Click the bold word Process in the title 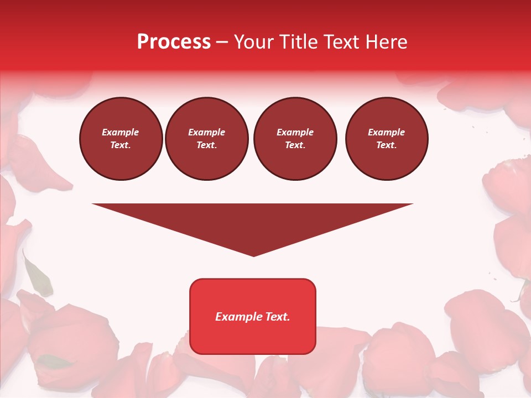pyautogui.click(x=174, y=42)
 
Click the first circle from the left pyautogui.click(x=121, y=139)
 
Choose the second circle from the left pyautogui.click(x=207, y=139)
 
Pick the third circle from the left pyautogui.click(x=295, y=139)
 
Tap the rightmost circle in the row pyautogui.click(x=387, y=139)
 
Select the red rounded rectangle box pyautogui.click(x=253, y=316)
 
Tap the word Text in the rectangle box pyautogui.click(x=278, y=317)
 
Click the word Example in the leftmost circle pyautogui.click(x=121, y=132)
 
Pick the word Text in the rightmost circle pyautogui.click(x=386, y=145)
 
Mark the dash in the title pyautogui.click(x=222, y=42)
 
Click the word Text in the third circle pyautogui.click(x=295, y=145)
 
